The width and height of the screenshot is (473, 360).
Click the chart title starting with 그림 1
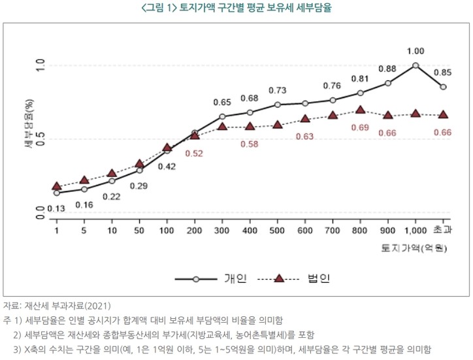[x=236, y=8]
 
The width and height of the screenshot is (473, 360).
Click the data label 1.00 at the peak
[x=415, y=51]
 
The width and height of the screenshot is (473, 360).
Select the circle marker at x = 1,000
[x=416, y=65]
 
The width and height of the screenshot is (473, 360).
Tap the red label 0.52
[x=194, y=153]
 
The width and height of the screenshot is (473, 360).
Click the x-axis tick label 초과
[x=443, y=230]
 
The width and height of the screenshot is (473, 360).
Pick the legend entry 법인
[x=318, y=278]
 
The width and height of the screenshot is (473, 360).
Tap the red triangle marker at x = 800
[x=361, y=110]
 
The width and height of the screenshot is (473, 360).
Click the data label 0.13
[x=56, y=209]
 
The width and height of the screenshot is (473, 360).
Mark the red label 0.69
[x=360, y=127]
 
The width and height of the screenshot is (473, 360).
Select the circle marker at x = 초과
[x=443, y=87]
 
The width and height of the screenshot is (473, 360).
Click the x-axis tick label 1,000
[x=415, y=230]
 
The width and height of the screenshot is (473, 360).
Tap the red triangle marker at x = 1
[x=57, y=186]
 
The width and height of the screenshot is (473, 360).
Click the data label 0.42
[x=167, y=167]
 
